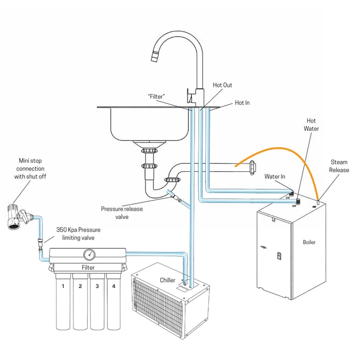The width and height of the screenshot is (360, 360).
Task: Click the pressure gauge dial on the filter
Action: (x=88, y=254)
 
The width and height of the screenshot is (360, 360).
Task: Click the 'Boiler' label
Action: (x=309, y=242)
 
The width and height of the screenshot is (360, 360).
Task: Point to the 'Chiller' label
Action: (x=168, y=280)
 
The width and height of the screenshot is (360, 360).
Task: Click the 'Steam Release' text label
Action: (x=339, y=165)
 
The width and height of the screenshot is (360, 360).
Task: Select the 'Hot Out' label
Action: (x=222, y=85)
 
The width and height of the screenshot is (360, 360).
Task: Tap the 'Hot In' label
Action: (x=242, y=103)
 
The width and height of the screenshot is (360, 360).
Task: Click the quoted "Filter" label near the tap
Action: (x=156, y=96)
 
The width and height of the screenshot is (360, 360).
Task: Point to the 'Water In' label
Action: (x=275, y=176)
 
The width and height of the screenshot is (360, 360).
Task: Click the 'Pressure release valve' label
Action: (x=122, y=213)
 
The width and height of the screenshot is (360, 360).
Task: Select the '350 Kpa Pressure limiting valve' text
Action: (x=78, y=233)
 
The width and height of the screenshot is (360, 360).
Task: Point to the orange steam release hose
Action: (x=290, y=151)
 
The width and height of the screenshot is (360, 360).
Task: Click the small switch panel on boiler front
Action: (x=279, y=256)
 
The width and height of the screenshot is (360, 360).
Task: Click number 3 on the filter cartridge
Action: (x=97, y=286)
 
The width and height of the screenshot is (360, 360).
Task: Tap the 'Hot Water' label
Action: (x=312, y=125)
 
